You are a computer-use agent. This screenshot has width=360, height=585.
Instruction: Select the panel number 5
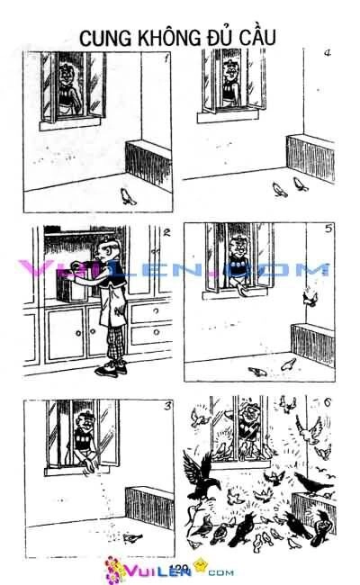click(x=328, y=229)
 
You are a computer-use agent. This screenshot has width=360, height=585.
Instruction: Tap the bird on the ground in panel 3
click(x=133, y=536)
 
